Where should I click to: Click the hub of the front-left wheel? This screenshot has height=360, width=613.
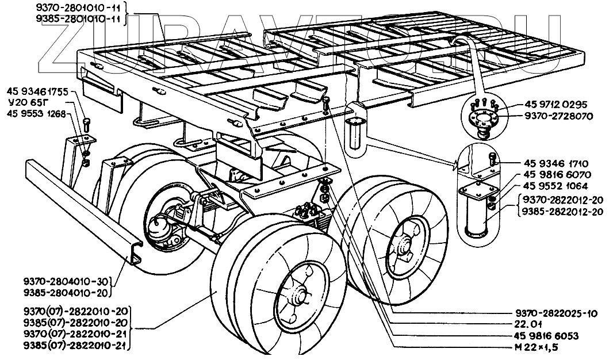[298, 298]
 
